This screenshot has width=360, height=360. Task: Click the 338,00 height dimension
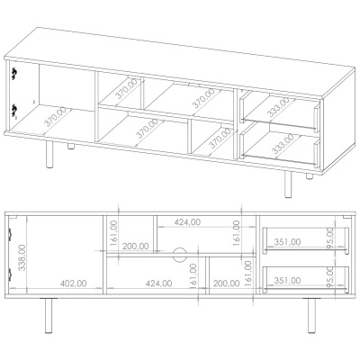[x=22, y=257]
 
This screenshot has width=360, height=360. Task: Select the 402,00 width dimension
[x=74, y=283]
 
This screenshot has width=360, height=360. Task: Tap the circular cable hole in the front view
[x=180, y=256]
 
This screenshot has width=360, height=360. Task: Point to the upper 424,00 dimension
[x=187, y=222]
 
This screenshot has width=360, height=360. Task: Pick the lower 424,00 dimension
[x=159, y=283]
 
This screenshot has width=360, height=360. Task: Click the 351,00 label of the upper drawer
[x=287, y=242]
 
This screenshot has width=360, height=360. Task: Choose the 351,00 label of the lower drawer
[x=287, y=281]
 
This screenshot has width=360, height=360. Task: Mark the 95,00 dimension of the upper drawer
[x=330, y=238]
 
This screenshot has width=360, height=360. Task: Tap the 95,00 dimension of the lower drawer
[x=330, y=277]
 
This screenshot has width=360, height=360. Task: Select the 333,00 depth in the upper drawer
[x=278, y=107]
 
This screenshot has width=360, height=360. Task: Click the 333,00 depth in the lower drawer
[x=283, y=144]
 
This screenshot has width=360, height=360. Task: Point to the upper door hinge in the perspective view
[x=14, y=74]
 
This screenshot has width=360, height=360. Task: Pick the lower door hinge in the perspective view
[x=14, y=110]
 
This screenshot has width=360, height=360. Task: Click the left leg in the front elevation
[x=49, y=316]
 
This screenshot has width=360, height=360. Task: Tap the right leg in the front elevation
[x=311, y=316]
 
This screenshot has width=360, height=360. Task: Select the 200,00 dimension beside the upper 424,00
[x=136, y=247]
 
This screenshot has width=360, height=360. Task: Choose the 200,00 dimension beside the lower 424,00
[x=226, y=283]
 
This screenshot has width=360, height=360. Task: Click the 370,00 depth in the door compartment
[x=56, y=116]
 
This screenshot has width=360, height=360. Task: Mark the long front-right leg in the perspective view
[x=288, y=184]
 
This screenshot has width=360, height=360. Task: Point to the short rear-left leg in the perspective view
[x=71, y=146]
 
